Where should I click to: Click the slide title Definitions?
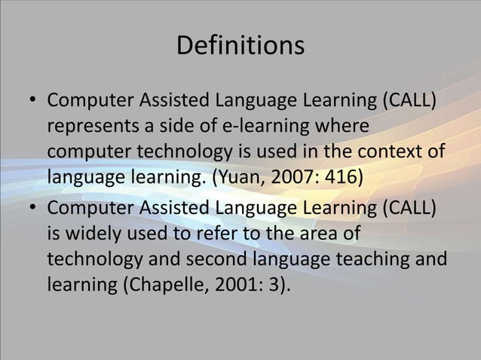pyautogui.click(x=240, y=47)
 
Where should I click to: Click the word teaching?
pyautogui.click(x=379, y=257)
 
